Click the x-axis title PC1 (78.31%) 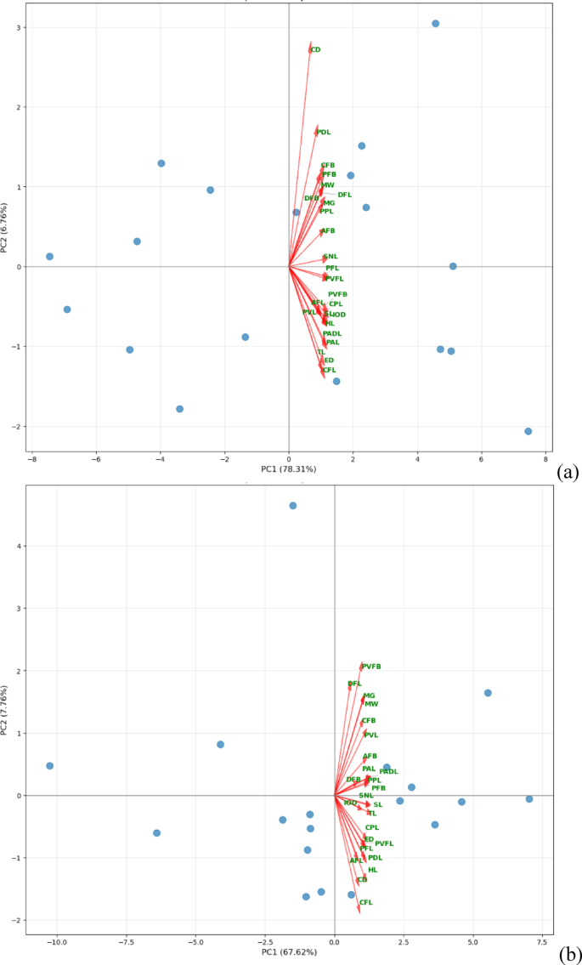click(289, 468)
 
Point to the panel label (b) click(568, 951)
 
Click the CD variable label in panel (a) click(315, 50)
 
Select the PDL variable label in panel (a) click(323, 133)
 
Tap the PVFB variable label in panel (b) click(371, 667)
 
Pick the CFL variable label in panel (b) click(365, 902)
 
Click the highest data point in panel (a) click(435, 24)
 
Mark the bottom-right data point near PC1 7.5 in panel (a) click(528, 431)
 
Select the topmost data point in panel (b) click(293, 505)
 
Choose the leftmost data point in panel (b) click(49, 766)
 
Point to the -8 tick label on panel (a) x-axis click(31, 460)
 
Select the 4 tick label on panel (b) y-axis click(19, 546)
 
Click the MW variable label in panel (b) click(371, 704)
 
